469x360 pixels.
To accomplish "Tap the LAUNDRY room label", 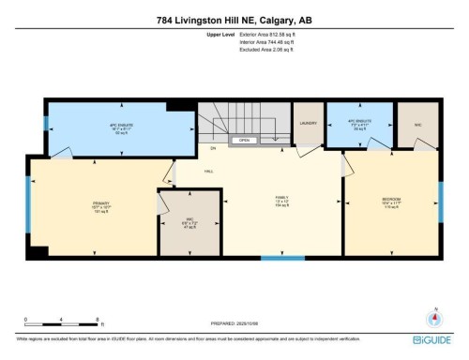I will click(308, 123).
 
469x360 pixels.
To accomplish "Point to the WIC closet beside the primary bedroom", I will click(188, 222).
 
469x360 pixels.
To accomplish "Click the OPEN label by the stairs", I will click(244, 140).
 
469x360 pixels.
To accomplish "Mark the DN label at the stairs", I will click(213, 147).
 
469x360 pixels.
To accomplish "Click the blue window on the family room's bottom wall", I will click(281, 257).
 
